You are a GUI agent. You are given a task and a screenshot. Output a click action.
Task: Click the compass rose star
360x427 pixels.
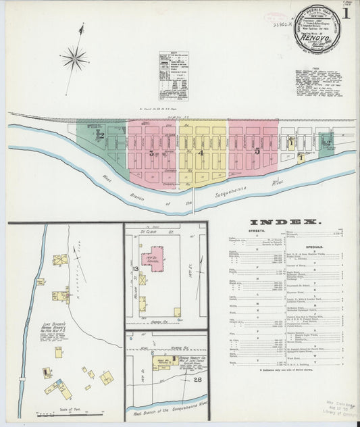pos(74,58)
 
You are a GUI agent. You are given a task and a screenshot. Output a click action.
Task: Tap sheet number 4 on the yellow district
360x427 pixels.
pos(201,153)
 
